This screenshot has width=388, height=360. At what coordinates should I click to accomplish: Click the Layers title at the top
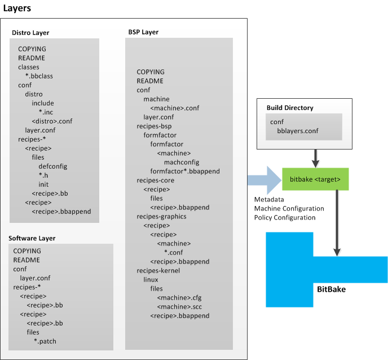[17, 8]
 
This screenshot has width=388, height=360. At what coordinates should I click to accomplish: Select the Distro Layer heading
[33, 33]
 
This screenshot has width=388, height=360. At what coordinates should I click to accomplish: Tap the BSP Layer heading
[143, 32]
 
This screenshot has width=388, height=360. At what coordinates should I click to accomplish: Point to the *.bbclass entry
[39, 76]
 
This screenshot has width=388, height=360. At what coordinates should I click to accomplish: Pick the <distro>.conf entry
[52, 121]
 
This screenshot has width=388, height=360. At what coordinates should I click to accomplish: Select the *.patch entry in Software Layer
[45, 341]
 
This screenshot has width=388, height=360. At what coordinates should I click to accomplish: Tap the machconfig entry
[178, 162]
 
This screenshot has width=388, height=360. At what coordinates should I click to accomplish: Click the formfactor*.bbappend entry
[185, 171]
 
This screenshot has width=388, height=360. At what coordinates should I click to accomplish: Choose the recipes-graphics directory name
[161, 216]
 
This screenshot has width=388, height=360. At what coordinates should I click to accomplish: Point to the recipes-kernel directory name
[157, 270]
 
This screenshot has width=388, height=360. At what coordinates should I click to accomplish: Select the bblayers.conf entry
[298, 130]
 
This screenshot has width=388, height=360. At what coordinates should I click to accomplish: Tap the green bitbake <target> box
[315, 179]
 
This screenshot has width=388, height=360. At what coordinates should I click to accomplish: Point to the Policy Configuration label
[284, 217]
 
